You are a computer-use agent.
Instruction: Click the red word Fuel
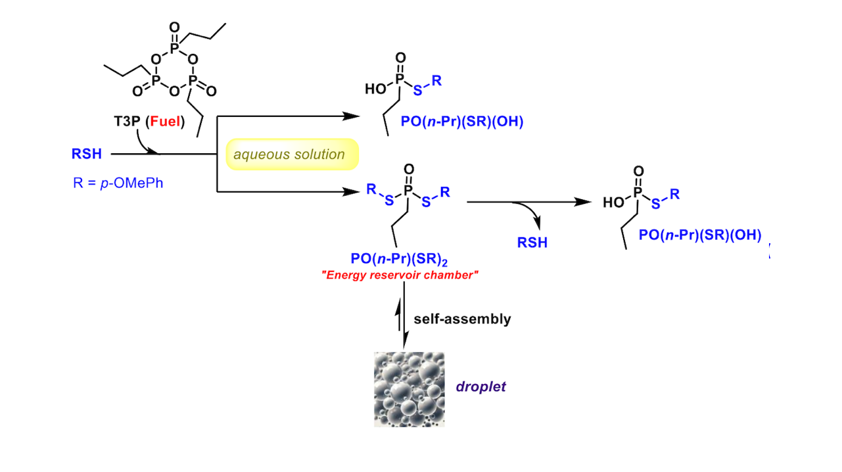coord(167,122)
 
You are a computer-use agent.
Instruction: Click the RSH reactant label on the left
coord(87,154)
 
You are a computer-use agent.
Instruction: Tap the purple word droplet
coord(481,387)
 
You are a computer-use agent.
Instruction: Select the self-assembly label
coord(462,319)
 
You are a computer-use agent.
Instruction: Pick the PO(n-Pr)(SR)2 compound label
coord(400,260)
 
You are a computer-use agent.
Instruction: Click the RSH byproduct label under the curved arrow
coord(532,243)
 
